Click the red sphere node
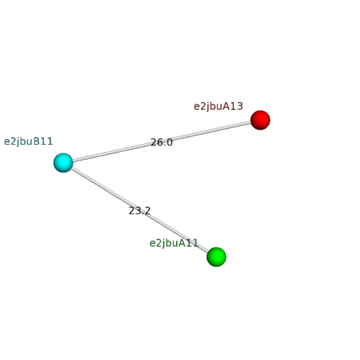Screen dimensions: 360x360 click(260, 120)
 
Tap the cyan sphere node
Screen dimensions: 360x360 click(63, 163)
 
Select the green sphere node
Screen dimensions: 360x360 click(217, 257)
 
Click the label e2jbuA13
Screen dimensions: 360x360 click(218, 107)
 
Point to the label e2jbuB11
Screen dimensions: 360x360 click(28, 142)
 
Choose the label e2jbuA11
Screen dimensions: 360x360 click(174, 243)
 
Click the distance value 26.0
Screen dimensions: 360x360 click(161, 143)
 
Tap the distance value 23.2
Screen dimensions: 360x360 click(140, 211)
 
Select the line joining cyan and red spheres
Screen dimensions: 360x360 click(161, 141)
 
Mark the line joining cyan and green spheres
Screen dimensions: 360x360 click(140, 210)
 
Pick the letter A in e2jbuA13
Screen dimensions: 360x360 click(226, 106)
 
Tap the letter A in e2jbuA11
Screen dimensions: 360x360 click(182, 243)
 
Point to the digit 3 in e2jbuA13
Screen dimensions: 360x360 click(240, 106)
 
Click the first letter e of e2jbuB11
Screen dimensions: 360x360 click(7, 143)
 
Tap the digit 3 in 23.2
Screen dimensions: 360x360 click(138, 211)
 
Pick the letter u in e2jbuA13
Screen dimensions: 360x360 click(219, 107)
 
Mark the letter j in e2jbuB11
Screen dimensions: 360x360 click(17, 142)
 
